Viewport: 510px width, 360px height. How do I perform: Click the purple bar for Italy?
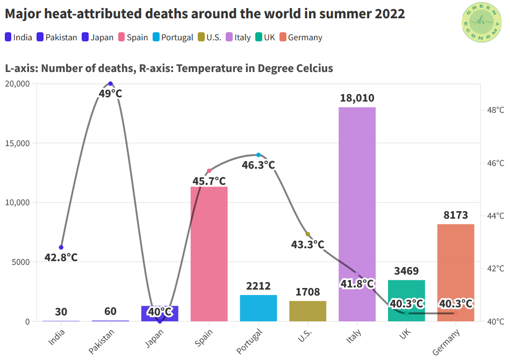pos(357,215)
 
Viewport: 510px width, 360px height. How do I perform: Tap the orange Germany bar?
pos(456,269)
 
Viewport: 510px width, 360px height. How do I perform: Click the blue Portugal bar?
pos(258,308)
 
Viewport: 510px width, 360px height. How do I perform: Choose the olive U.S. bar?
pos(307,311)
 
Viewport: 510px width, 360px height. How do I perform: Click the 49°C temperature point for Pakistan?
pos(111,83)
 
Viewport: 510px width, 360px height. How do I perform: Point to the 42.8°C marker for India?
pos(61,247)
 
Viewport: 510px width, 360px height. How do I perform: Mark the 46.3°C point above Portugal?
pos(258,155)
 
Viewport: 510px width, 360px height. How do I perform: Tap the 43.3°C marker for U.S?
pos(308,234)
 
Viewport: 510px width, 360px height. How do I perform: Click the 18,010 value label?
pos(357,98)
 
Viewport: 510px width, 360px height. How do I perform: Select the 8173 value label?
pos(456,215)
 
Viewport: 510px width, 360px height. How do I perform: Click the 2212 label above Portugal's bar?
pos(258,286)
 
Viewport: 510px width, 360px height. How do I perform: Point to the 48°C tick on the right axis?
pos(495,110)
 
